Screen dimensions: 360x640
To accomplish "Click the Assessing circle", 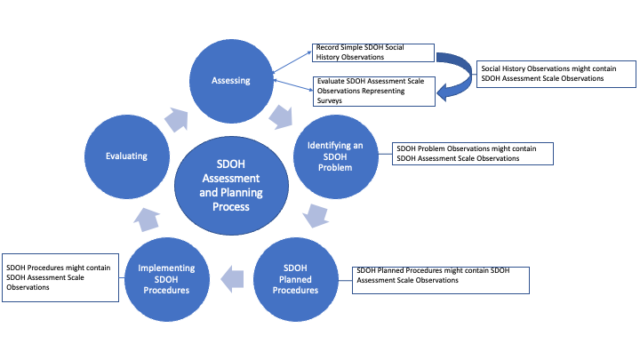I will tap(229, 81).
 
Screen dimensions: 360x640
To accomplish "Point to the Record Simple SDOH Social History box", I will tap(372, 52).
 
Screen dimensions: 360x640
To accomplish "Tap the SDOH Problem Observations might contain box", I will tap(472, 153).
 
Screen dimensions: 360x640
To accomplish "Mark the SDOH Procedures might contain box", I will tap(60, 276).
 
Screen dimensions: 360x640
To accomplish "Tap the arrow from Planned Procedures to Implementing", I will tap(232, 279).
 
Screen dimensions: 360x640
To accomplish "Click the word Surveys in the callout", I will tap(329, 101).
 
